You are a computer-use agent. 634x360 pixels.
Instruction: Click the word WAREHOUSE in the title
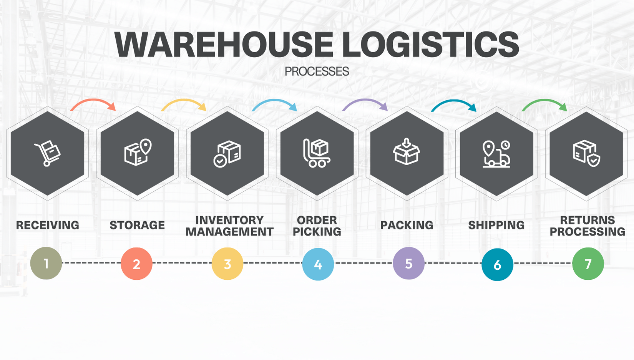coord(224,45)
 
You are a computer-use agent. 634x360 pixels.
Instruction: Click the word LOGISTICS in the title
coord(430,45)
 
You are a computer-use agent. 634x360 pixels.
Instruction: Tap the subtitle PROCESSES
coord(317,71)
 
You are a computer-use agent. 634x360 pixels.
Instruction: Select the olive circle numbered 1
coord(46,263)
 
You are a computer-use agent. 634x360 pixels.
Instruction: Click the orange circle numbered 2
coord(136,264)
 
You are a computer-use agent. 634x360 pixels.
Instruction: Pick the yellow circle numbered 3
coord(227,264)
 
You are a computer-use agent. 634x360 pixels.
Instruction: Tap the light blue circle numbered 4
coord(318,264)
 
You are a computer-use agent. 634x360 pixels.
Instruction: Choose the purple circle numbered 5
coord(408,264)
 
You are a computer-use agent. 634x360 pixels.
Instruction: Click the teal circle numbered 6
coord(497,265)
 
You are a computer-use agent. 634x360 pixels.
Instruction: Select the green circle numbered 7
coord(588,264)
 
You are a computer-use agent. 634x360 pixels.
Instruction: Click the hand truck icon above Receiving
coord(48,153)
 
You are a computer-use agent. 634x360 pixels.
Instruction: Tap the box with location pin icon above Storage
coord(138,152)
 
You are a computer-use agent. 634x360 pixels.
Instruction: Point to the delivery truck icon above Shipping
coord(496,154)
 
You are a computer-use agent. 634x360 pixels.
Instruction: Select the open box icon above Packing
coord(407,152)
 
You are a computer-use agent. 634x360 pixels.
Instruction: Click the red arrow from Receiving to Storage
coord(93,103)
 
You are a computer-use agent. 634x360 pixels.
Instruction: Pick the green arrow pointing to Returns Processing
coord(544,103)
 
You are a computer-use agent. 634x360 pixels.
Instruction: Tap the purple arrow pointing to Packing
coord(365,103)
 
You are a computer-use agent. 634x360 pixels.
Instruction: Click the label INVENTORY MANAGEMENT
coord(229,226)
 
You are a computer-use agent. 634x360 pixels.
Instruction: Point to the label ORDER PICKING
coord(317,226)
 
